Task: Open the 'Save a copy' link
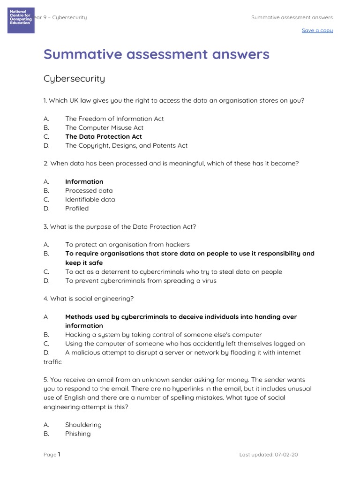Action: (x=317, y=30)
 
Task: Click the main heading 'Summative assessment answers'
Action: (x=157, y=54)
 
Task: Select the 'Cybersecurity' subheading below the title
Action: (x=74, y=79)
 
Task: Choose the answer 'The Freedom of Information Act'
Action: (x=114, y=119)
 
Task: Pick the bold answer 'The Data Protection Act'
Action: (x=104, y=136)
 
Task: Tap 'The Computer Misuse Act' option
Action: (x=104, y=127)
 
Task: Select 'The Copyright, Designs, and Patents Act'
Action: (x=126, y=145)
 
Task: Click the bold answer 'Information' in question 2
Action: (x=84, y=181)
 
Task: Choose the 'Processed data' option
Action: (x=89, y=190)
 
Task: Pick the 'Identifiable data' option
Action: (x=90, y=199)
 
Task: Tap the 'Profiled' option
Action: (x=77, y=208)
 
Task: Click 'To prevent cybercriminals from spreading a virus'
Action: (x=141, y=281)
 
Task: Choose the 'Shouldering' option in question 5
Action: (x=83, y=425)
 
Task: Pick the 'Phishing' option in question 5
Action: (x=78, y=434)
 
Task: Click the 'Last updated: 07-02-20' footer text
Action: (x=268, y=455)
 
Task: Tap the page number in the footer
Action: (x=59, y=454)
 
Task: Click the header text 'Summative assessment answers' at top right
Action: (x=292, y=18)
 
